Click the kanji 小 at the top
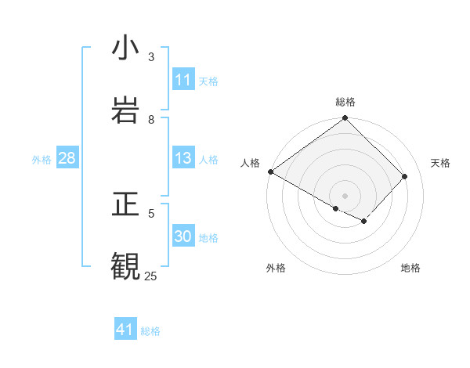[x=125, y=49]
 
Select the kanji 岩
[x=125, y=110]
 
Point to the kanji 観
[x=125, y=267]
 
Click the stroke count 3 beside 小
[x=152, y=56]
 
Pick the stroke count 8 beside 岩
[x=152, y=119]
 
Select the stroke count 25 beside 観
[x=150, y=276]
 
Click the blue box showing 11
[x=183, y=80]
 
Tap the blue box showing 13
[x=183, y=158]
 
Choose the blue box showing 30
[x=183, y=236]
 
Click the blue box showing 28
[x=67, y=158]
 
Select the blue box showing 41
[x=125, y=330]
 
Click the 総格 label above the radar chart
[x=345, y=102]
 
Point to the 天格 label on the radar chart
[x=441, y=163]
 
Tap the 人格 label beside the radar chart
[x=250, y=163]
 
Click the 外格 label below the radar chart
[x=276, y=268]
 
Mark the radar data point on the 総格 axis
[x=345, y=119]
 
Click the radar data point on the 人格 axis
[x=270, y=171]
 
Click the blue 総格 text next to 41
[x=150, y=330]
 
